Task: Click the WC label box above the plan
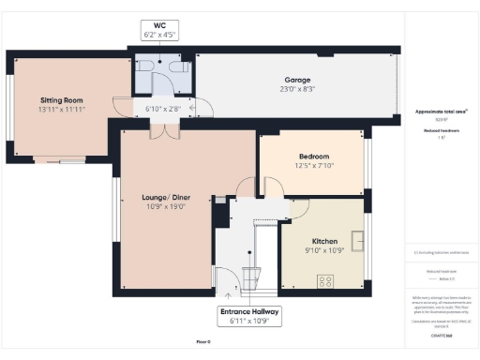159,29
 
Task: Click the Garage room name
297,80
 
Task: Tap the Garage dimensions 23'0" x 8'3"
297,89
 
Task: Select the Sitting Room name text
62,99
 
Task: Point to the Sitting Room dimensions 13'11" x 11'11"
62,110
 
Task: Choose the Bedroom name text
313,156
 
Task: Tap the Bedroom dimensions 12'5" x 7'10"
313,166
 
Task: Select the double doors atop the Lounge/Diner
165,132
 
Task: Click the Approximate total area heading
441,112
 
